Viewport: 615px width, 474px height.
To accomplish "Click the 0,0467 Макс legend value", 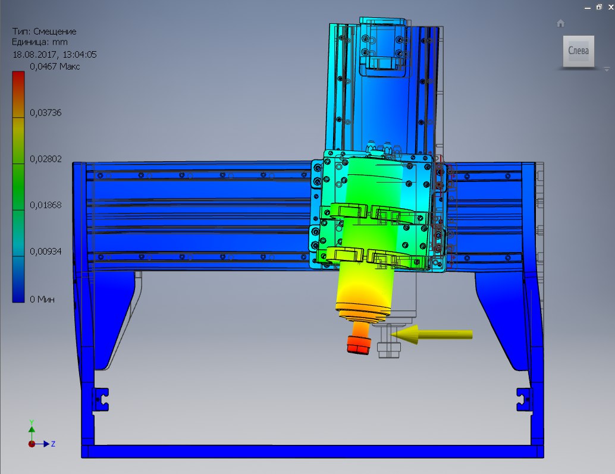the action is coord(55,66).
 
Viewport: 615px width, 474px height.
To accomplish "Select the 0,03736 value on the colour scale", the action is coord(45,113).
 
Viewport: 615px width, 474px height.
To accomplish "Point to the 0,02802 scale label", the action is coord(45,159).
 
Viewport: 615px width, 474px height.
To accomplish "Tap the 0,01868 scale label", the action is coord(45,205).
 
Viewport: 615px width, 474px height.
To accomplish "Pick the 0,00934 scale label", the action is coord(45,252).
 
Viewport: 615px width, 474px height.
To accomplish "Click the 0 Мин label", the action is coord(42,300).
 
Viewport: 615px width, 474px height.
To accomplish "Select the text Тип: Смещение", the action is coord(44,32).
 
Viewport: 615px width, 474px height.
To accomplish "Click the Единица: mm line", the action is coord(40,42).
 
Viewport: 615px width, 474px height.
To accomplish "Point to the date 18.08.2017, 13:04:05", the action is coord(55,55).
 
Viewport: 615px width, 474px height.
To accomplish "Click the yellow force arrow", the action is coord(431,334).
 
